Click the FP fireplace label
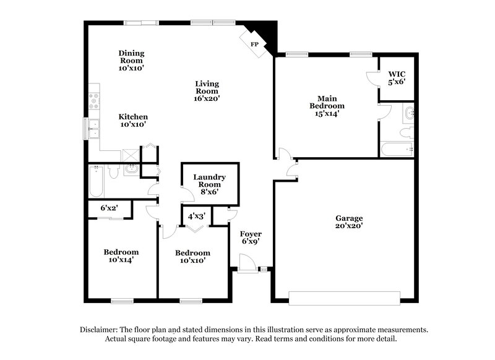pyautogui.click(x=254, y=45)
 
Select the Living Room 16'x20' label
pyautogui.click(x=207, y=90)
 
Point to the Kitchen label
pyautogui.click(x=133, y=120)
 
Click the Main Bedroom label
pyautogui.click(x=326, y=106)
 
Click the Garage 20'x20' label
pyautogui.click(x=349, y=222)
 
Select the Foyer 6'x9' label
pyautogui.click(x=251, y=238)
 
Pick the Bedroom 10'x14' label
pyautogui.click(x=121, y=256)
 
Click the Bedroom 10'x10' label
pyautogui.click(x=192, y=257)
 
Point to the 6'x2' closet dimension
pyautogui.click(x=109, y=208)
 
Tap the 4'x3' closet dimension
pyautogui.click(x=196, y=215)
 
